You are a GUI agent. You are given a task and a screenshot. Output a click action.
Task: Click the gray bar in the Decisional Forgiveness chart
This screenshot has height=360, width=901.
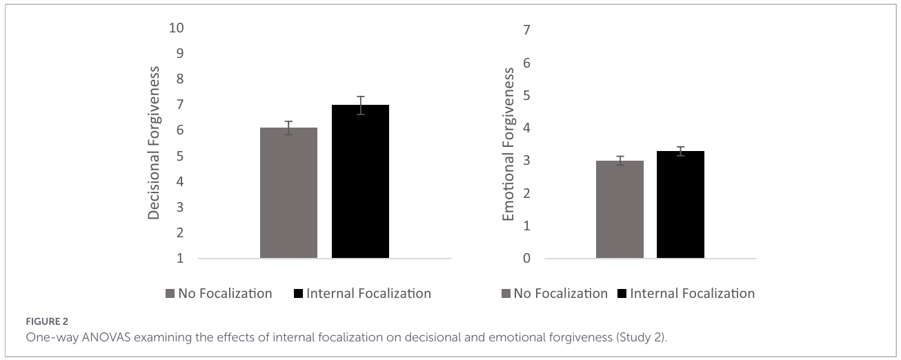[288, 192]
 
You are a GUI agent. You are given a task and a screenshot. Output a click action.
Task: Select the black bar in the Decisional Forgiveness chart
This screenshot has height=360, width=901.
[360, 181]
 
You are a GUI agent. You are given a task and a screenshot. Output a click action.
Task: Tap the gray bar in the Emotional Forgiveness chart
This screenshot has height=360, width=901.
[620, 209]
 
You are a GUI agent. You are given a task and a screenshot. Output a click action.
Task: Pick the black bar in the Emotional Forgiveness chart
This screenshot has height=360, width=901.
[680, 204]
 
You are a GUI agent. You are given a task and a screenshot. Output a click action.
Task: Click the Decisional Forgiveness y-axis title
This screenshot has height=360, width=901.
[154, 143]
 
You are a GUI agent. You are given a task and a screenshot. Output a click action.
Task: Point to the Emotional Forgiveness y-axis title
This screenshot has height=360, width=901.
[508, 144]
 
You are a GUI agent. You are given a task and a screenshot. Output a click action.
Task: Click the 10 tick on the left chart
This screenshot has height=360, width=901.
[176, 28]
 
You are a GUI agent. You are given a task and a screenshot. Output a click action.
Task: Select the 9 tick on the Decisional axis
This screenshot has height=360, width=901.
[180, 53]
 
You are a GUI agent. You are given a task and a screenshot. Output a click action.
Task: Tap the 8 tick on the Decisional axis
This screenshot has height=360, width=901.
[180, 79]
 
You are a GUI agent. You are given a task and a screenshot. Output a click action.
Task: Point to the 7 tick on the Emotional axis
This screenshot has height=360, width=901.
[526, 30]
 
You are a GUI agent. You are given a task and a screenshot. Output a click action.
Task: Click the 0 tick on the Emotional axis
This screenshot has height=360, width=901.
[526, 258]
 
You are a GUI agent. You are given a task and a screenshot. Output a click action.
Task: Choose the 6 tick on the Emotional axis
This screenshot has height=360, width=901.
[526, 63]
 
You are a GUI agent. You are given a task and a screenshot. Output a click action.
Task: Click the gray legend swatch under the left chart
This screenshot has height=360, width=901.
[170, 294]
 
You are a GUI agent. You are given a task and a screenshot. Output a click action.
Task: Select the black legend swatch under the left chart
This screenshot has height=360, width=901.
[298, 294]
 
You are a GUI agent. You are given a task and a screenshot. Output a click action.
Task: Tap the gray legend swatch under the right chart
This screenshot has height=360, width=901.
[506, 294]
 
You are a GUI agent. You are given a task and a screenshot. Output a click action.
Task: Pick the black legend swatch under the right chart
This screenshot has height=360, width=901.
[622, 294]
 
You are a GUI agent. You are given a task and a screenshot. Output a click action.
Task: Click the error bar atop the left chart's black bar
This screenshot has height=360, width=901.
[360, 106]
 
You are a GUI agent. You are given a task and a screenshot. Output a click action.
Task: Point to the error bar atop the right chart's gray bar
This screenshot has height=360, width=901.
[620, 161]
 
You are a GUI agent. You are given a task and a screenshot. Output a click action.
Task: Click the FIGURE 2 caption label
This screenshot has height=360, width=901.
[47, 321]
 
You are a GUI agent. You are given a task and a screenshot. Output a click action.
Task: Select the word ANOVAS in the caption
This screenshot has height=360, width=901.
[106, 337]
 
